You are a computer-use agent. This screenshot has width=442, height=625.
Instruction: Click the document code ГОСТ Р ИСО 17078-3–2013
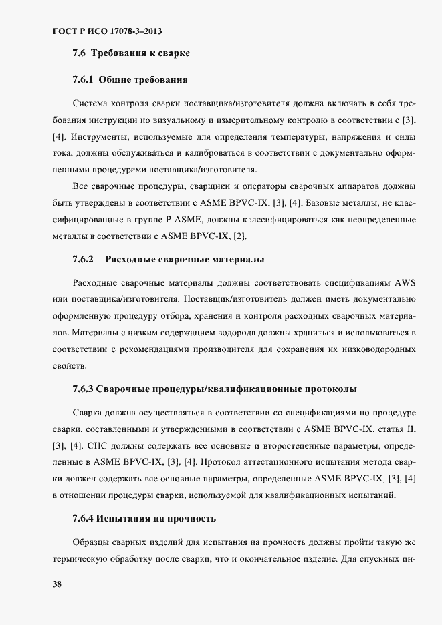tap(108, 31)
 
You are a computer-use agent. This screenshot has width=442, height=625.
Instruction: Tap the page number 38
tap(57, 584)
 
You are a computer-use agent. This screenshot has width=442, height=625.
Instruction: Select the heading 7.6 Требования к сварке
tap(130, 53)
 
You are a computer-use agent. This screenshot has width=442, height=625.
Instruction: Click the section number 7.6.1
tap(83, 79)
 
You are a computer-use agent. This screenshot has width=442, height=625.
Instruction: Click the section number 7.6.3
tap(83, 388)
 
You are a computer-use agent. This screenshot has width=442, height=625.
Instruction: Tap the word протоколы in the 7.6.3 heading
tap(330, 388)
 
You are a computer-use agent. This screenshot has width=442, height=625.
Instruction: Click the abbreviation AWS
tap(401, 279)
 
